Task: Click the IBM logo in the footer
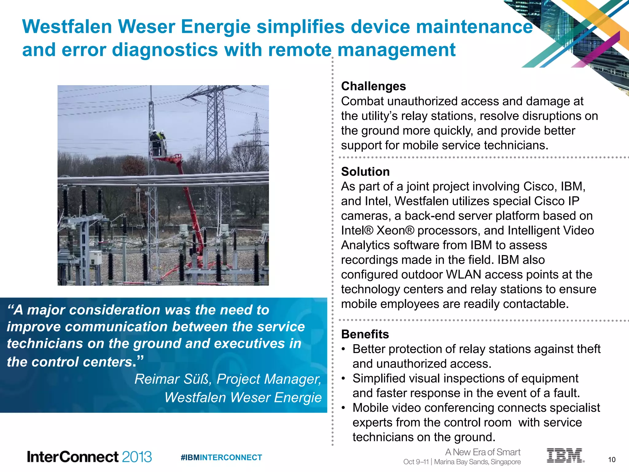[x=565, y=455]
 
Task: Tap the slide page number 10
[x=611, y=460]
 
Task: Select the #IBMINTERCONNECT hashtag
[x=221, y=458]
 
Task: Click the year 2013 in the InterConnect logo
[x=137, y=457]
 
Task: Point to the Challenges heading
[x=373, y=86]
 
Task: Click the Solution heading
[x=365, y=171]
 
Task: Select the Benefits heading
[x=365, y=334]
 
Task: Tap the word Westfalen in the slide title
[x=67, y=27]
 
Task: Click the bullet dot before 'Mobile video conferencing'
[x=344, y=408]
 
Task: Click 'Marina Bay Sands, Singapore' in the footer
[x=477, y=462]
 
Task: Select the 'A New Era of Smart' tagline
[x=482, y=452]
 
